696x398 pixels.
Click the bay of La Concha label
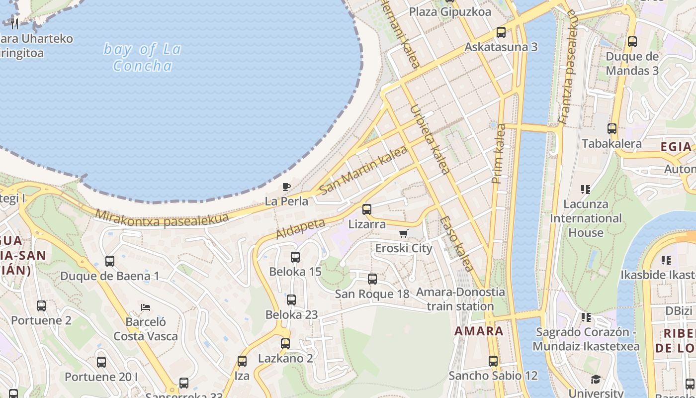coord(142,57)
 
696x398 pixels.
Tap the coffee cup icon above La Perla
coord(286,187)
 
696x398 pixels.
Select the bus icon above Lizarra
coord(367,209)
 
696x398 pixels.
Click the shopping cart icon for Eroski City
coord(404,233)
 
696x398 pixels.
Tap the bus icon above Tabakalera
coord(612,129)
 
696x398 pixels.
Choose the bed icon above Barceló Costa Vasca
coord(146,307)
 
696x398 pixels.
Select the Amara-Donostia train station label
coord(460,299)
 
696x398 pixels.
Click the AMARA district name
coord(479,331)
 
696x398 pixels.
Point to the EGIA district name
coord(676,147)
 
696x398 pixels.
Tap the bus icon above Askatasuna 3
coord(501,32)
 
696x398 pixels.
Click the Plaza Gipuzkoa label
coord(450,12)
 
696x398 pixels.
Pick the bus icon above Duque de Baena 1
coord(110,261)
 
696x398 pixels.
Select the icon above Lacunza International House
coord(586,189)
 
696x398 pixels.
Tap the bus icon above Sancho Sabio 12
coord(493,361)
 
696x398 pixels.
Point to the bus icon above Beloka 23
coord(291,300)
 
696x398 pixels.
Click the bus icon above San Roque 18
coord(372,279)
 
